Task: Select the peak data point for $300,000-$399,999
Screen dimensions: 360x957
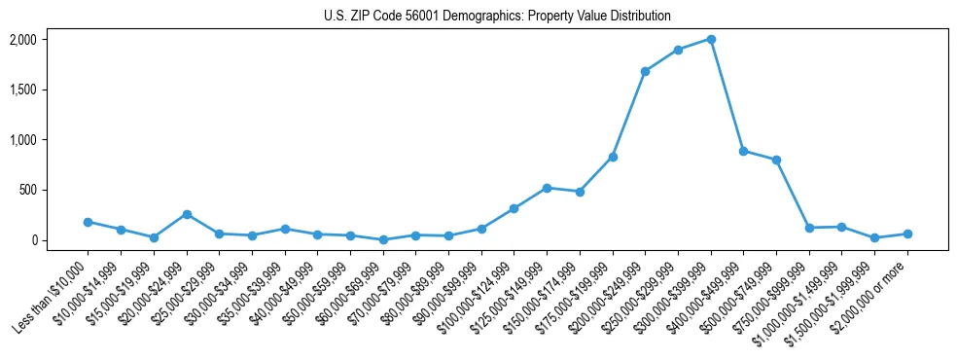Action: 711,39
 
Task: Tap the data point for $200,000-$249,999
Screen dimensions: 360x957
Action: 645,71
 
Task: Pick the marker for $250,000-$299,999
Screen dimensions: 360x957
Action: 678,50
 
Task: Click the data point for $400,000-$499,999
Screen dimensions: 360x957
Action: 743,151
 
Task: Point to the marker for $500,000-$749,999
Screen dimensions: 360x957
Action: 776,160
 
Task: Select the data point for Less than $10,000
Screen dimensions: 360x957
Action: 88,222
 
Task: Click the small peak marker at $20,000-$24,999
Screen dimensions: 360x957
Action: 187,214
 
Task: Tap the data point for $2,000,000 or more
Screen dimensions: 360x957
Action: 907,234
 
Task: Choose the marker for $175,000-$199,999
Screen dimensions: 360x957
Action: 613,157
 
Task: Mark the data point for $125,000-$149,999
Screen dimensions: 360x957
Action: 547,188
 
